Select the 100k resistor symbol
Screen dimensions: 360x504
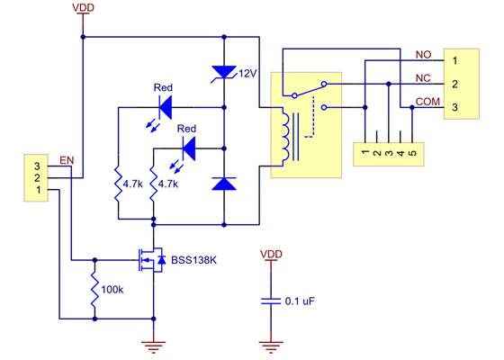(x=94, y=291)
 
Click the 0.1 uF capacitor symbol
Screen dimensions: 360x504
(x=267, y=301)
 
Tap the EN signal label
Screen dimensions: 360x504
(x=66, y=160)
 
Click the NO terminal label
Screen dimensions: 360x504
(x=424, y=54)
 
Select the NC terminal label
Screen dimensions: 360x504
(x=424, y=77)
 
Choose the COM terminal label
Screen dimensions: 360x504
(x=427, y=101)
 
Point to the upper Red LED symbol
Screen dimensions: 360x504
(x=164, y=107)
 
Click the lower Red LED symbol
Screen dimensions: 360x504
(x=188, y=148)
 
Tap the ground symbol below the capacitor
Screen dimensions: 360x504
(x=267, y=343)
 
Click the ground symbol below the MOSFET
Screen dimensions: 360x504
(x=154, y=343)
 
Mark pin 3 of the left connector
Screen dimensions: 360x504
(x=37, y=166)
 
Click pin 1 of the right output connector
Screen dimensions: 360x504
(x=456, y=60)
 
